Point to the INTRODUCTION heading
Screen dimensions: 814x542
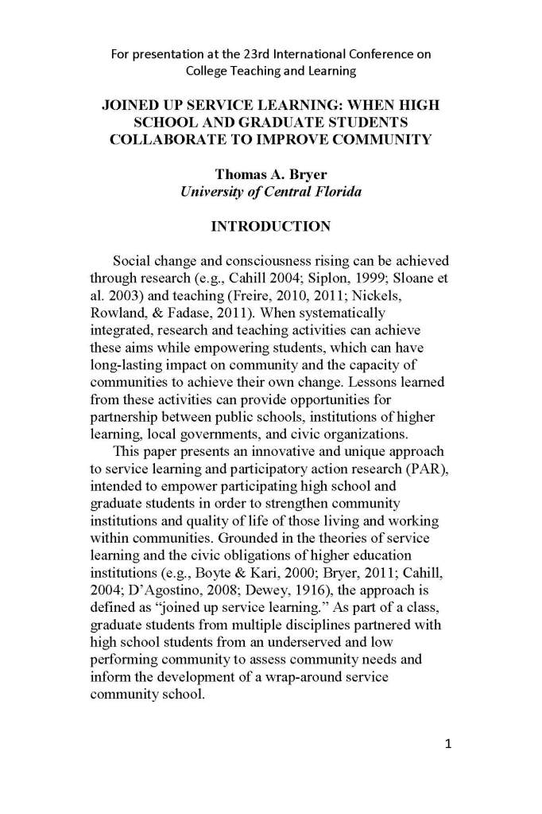pos(270,227)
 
